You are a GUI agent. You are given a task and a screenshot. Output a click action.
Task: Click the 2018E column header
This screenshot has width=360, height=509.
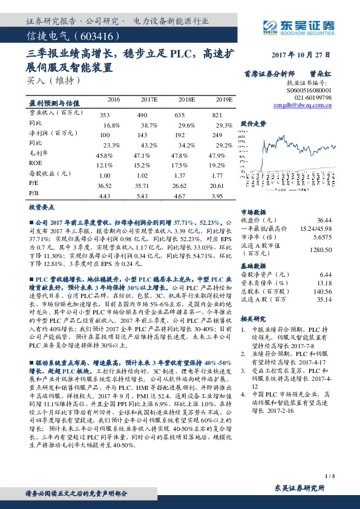[x=186, y=99]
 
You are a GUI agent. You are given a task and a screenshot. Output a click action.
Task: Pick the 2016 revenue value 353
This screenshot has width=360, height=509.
[x=105, y=114]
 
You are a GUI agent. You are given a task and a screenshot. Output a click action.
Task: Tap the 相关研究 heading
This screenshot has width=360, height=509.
[x=254, y=318]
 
